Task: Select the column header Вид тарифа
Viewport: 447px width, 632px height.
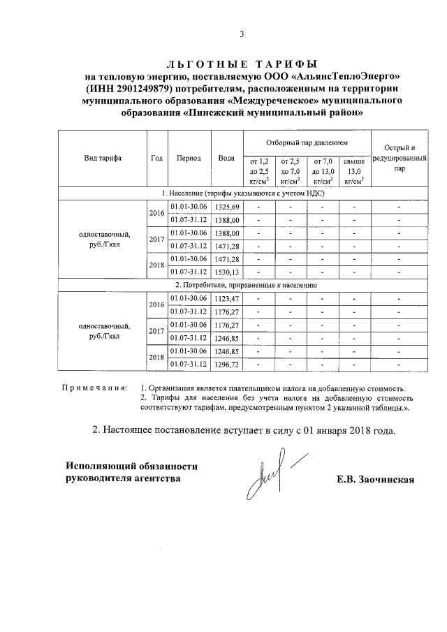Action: click(102, 158)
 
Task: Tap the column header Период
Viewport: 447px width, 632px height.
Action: click(189, 158)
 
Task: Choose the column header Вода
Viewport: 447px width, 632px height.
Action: click(226, 158)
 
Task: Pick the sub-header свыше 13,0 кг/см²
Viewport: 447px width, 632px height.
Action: click(354, 170)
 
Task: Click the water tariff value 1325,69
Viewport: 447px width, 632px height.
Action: click(227, 207)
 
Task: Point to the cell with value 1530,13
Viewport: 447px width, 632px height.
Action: click(227, 272)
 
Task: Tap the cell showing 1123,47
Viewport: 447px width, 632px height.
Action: click(227, 299)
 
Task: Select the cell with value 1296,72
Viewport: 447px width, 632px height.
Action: click(227, 364)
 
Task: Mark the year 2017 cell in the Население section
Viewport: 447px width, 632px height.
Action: click(156, 240)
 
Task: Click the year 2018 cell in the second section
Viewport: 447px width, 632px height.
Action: click(156, 358)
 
